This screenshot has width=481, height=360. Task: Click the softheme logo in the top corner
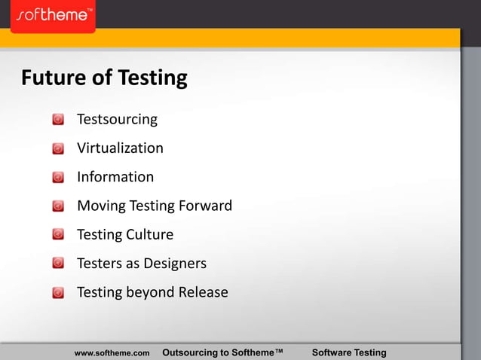tap(53, 16)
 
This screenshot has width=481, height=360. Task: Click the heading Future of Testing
tap(104, 78)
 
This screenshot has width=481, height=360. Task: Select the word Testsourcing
tap(117, 119)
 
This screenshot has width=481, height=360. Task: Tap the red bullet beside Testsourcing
tap(58, 120)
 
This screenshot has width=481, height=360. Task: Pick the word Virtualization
tap(120, 148)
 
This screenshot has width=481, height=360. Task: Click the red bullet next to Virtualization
tap(58, 149)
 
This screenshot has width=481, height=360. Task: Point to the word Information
tap(115, 177)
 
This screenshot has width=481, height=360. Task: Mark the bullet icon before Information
tap(58, 178)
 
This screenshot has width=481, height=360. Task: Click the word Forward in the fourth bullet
tap(205, 206)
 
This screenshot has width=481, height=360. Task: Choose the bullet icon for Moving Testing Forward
tap(58, 206)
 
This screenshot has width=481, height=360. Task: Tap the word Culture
tap(150, 234)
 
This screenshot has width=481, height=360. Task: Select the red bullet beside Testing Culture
tap(58, 235)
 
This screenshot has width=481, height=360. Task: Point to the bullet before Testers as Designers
tap(58, 264)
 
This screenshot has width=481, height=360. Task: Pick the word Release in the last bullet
tap(203, 292)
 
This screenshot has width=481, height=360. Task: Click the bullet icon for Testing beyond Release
tap(58, 293)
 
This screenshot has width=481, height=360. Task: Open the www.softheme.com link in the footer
tap(112, 352)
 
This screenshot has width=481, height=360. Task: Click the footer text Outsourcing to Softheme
tap(222, 352)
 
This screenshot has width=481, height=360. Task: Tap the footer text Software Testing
tap(348, 352)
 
